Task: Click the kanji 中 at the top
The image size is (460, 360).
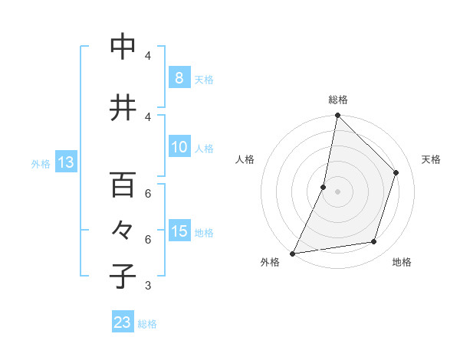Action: (123, 47)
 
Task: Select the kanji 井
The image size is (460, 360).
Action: (123, 108)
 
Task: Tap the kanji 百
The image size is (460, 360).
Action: (123, 185)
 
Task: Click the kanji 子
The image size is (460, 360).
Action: (123, 276)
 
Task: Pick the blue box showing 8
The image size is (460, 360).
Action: (179, 77)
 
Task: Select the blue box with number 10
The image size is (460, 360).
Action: (179, 148)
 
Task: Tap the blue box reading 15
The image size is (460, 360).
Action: (179, 231)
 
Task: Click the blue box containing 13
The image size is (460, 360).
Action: (65, 162)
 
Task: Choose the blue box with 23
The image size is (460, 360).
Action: (123, 322)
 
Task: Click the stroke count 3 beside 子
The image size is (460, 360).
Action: (148, 286)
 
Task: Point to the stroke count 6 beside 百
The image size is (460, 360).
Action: (148, 193)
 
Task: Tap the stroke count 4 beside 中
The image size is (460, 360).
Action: (148, 56)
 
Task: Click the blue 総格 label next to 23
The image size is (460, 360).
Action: (147, 324)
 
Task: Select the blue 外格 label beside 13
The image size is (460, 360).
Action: (41, 163)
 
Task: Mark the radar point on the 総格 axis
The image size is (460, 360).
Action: (337, 115)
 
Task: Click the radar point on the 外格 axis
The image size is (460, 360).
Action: (292, 254)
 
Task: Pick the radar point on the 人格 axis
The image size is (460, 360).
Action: (324, 187)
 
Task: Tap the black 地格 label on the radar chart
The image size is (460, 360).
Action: (402, 262)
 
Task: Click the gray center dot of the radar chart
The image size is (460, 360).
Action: (337, 191)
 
